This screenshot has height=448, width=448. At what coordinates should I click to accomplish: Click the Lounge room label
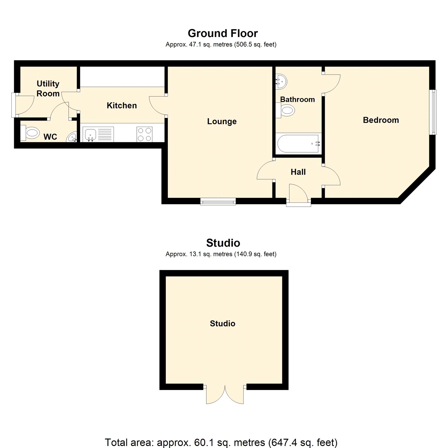click(222, 122)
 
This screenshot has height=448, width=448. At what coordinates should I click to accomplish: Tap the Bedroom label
click(381, 120)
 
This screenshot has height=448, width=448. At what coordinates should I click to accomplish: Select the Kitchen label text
click(122, 105)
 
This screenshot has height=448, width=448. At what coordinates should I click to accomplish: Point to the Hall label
click(298, 172)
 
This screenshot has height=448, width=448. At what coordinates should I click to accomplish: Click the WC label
click(50, 137)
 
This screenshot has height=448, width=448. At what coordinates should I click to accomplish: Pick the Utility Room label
click(48, 88)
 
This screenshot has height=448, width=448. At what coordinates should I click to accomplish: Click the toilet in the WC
click(30, 133)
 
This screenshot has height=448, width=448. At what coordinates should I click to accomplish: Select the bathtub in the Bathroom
click(298, 144)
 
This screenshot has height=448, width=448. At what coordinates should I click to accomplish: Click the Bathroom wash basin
click(281, 81)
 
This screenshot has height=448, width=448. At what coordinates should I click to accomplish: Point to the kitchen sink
click(90, 134)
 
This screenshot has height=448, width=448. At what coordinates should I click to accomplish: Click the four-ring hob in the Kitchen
click(145, 134)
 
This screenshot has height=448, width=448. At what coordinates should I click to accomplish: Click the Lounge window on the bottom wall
click(218, 202)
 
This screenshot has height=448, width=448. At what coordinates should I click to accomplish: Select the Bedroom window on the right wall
click(433, 112)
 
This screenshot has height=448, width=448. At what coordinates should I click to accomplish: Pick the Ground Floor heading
click(223, 33)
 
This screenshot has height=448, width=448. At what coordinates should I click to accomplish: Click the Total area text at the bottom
click(221, 442)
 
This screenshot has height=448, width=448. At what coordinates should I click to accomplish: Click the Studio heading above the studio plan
click(223, 243)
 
